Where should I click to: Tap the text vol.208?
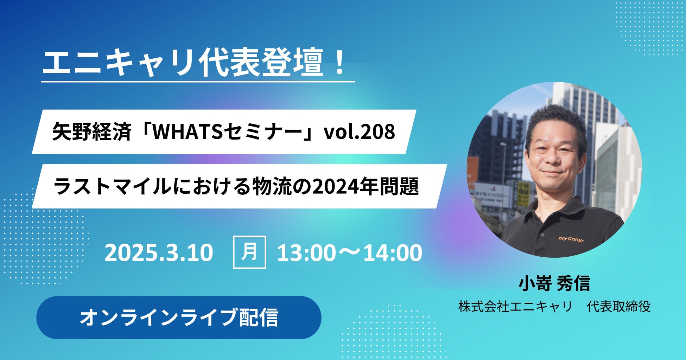359,132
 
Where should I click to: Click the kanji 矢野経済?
92,132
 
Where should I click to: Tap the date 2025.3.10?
159,253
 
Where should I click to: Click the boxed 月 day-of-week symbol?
249,252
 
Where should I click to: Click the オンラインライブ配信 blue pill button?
179,317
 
